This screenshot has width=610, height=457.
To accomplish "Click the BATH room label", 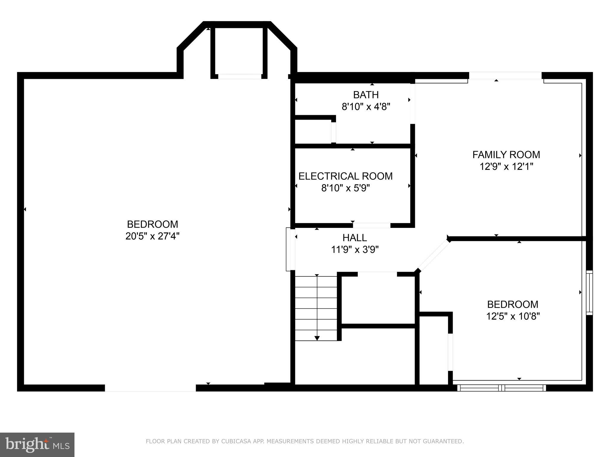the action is pyautogui.click(x=366, y=95).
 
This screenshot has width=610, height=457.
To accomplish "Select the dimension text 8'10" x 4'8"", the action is pyautogui.click(x=366, y=107).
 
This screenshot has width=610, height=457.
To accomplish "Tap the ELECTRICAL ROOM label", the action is pyautogui.click(x=346, y=176).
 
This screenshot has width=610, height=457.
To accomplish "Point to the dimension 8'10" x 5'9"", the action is pyautogui.click(x=346, y=188).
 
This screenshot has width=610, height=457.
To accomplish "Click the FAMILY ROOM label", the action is pyautogui.click(x=506, y=155).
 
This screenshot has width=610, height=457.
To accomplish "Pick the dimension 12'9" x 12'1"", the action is pyautogui.click(x=506, y=166).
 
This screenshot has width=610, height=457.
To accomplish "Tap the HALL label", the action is pyautogui.click(x=355, y=238).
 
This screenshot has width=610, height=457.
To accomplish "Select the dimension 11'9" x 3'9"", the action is pyautogui.click(x=355, y=249).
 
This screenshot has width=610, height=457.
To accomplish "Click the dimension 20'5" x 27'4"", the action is pyautogui.click(x=152, y=236).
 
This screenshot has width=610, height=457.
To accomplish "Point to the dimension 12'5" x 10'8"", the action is pyautogui.click(x=513, y=316).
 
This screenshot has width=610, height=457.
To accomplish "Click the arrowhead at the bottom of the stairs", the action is pyautogui.click(x=317, y=338).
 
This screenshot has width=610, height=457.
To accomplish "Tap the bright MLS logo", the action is pyautogui.click(x=37, y=445).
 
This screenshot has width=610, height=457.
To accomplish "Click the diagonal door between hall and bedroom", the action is pyautogui.click(x=433, y=255).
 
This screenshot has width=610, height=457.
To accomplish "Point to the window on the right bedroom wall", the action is pyautogui.click(x=589, y=292).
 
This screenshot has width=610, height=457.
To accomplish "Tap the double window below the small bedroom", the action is pyautogui.click(x=502, y=388).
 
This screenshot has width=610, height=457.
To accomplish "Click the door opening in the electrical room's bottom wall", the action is pyautogui.click(x=371, y=225).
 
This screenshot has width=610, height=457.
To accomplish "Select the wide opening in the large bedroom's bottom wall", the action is pyautogui.click(x=150, y=388).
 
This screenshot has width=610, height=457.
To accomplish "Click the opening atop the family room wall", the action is pyautogui.click(x=505, y=76).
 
